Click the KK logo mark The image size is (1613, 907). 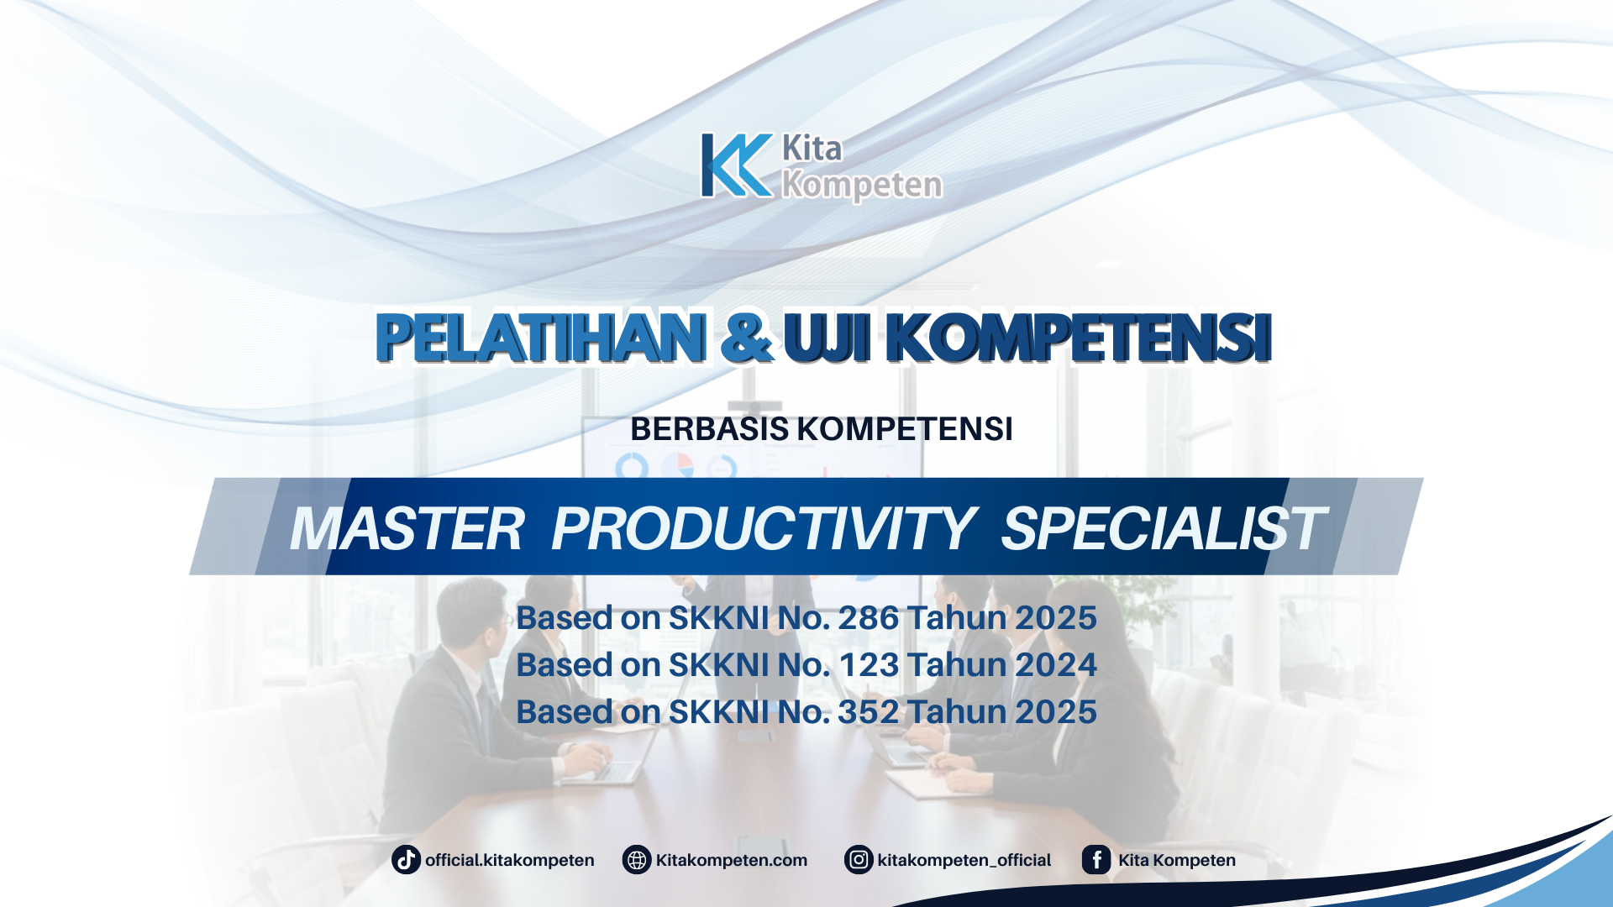click(736, 165)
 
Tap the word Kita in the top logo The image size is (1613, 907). click(812, 149)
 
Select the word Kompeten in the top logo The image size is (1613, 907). click(862, 185)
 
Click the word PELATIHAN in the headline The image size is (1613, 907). click(541, 338)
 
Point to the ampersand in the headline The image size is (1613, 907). click(746, 338)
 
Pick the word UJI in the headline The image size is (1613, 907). click(827, 338)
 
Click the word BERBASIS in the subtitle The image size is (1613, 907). click(709, 429)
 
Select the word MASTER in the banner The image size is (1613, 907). click(407, 529)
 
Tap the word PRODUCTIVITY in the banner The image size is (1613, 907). click(763, 529)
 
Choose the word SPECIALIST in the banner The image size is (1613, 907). click(1163, 529)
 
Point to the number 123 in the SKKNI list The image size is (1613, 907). click(869, 665)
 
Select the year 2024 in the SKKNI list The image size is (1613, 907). click(1056, 665)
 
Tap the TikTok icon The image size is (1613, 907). click(406, 860)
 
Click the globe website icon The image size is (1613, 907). click(637, 860)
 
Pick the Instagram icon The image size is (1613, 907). click(859, 860)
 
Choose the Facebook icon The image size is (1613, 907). click(1096, 860)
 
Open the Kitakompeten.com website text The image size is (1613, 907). click(731, 860)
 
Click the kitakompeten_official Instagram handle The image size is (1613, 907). click(964, 860)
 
